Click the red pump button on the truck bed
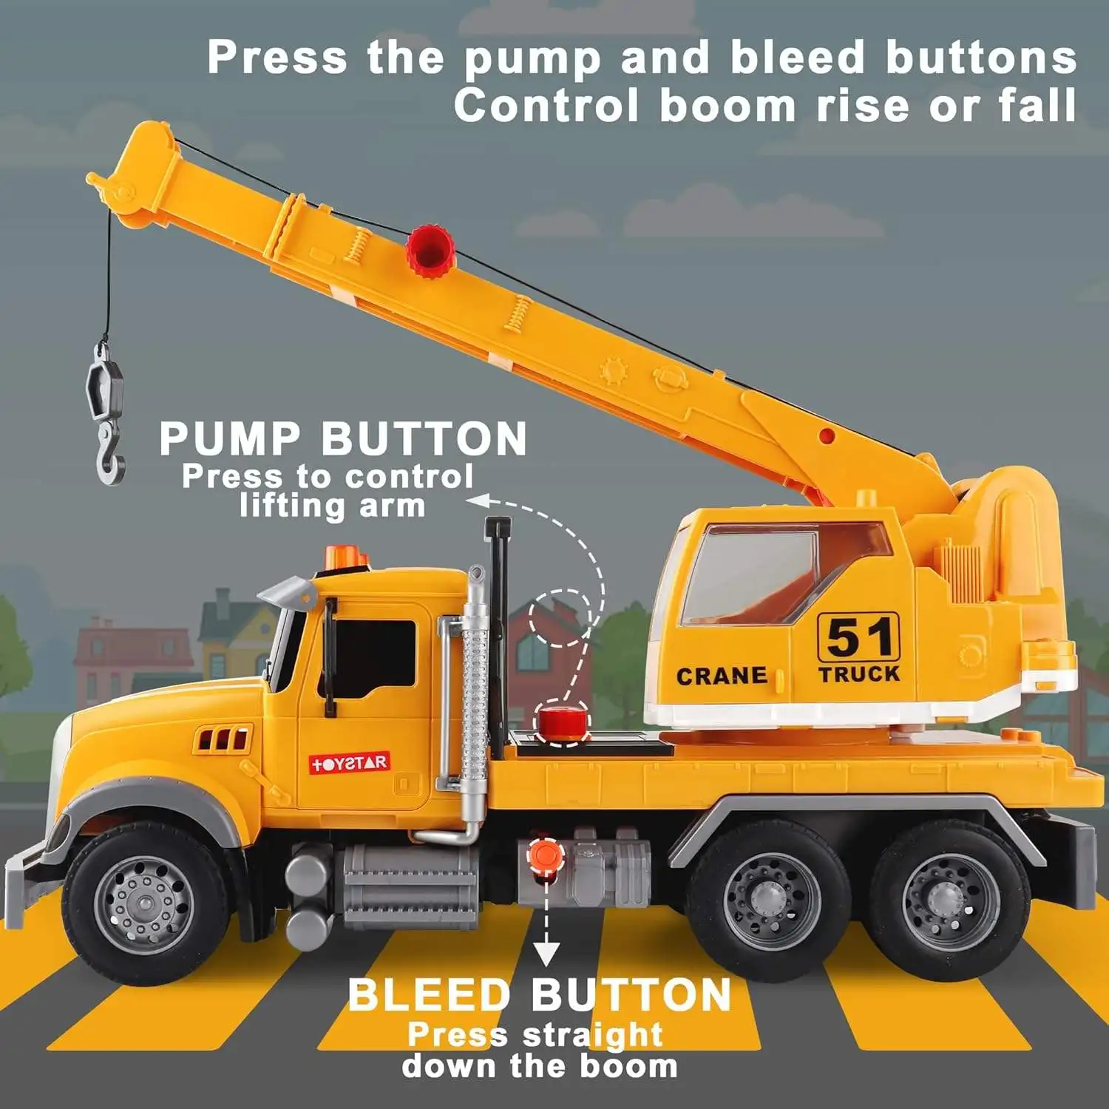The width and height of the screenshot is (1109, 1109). coord(562,722)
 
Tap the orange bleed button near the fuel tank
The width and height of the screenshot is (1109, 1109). coord(545,854)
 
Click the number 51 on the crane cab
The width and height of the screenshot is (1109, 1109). coord(858,637)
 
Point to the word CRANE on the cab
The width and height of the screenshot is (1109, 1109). coord(721,676)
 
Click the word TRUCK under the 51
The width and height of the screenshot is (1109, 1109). coord(858,674)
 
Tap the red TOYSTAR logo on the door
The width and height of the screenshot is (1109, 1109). coord(349,763)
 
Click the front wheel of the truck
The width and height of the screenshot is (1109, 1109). coord(145,903)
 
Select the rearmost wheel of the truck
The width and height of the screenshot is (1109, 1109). coord(950,901)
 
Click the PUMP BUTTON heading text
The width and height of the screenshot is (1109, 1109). coord(343,439)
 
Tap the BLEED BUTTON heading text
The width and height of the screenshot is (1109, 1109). coord(539,995)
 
